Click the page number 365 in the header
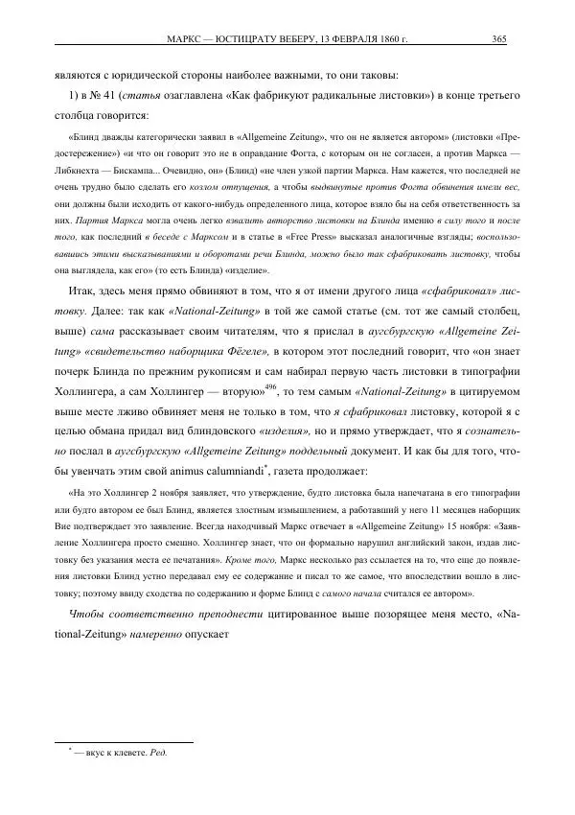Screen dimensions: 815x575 pyautogui.click(x=499, y=39)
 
